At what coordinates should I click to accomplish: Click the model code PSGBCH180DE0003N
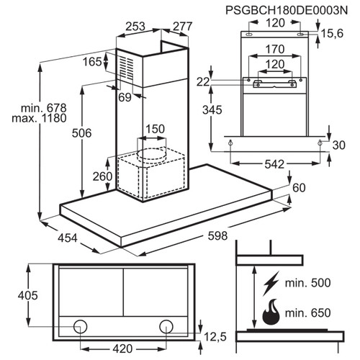pyautogui.click(x=287, y=10)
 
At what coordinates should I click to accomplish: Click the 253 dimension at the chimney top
pyautogui.click(x=135, y=27)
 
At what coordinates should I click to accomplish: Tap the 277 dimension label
pyautogui.click(x=183, y=26)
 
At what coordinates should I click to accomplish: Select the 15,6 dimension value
pyautogui.click(x=333, y=33)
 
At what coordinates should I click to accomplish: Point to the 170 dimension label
pyautogui.click(x=275, y=50)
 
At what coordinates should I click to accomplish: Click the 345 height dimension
pyautogui.click(x=212, y=110)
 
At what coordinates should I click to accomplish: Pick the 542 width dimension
pyautogui.click(x=274, y=164)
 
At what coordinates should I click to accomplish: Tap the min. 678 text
pyautogui.click(x=44, y=108)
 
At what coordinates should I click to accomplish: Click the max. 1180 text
pyautogui.click(x=39, y=118)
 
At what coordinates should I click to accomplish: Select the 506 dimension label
pyautogui.click(x=81, y=133)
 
